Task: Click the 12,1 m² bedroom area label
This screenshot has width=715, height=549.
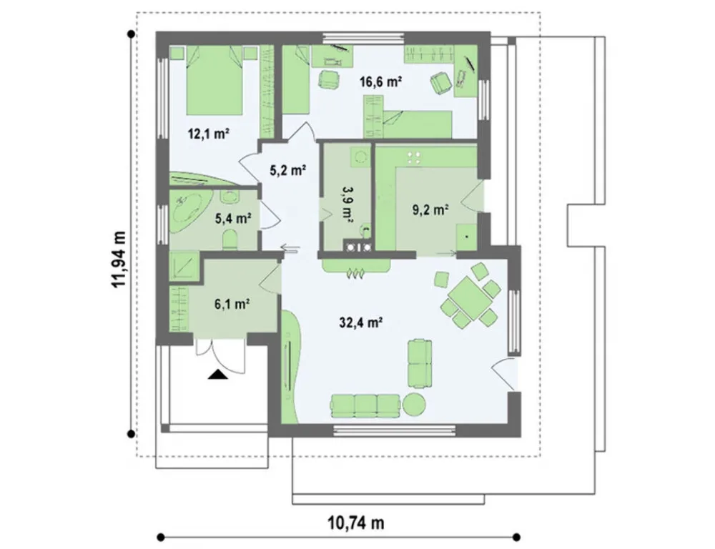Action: tap(208, 134)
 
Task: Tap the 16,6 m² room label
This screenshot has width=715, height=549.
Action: tap(380, 82)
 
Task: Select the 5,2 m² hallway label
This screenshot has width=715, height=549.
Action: tap(287, 171)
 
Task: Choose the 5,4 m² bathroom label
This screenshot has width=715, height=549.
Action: tap(234, 219)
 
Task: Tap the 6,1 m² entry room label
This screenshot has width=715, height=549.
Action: tap(232, 304)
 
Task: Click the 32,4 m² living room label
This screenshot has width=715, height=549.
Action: tap(360, 323)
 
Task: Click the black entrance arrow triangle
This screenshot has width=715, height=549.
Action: tap(217, 374)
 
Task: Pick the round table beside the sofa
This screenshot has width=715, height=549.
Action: tap(415, 405)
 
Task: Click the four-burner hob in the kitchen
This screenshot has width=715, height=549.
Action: tap(415, 158)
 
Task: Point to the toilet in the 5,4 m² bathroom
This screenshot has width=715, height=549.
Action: tap(230, 239)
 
